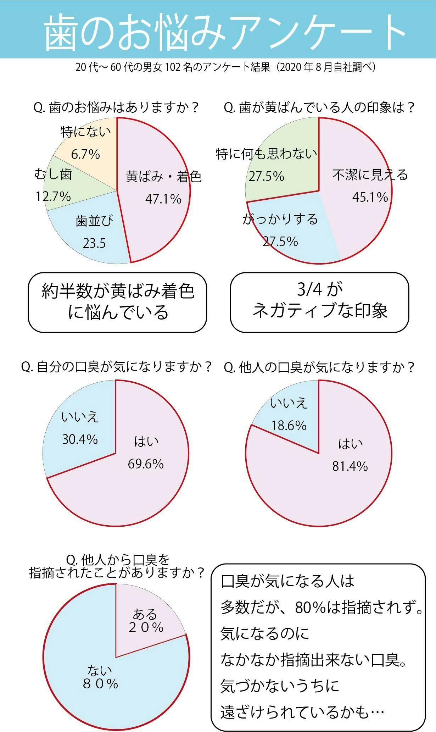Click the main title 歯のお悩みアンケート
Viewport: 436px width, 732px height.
point(225,32)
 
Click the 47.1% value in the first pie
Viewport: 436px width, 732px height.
point(163,199)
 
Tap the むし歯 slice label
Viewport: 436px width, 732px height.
point(53,174)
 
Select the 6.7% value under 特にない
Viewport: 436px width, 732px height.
point(85,154)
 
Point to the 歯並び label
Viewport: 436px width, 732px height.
point(94,221)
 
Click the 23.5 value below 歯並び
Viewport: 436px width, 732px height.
point(94,243)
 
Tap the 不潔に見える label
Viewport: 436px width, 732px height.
point(370,175)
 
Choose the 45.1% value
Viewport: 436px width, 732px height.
point(370,197)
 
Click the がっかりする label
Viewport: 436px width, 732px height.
point(280,219)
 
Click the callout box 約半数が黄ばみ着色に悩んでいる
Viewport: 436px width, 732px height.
point(117,302)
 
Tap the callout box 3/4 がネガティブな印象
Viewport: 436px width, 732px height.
point(319,302)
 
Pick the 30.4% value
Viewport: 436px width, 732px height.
point(80,439)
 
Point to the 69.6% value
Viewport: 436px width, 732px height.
point(146,464)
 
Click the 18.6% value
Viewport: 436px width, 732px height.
point(289,425)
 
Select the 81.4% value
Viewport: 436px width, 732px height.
point(350,466)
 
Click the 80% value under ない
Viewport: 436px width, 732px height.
point(100,683)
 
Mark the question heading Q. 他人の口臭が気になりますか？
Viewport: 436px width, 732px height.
point(319,367)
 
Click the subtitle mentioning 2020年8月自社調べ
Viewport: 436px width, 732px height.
point(225,67)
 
